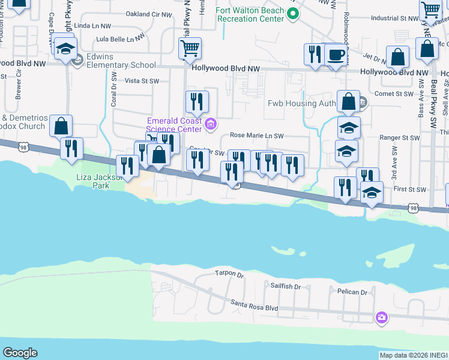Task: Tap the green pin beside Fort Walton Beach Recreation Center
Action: click(292, 14)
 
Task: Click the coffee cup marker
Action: click(336, 55)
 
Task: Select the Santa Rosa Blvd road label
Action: click(255, 307)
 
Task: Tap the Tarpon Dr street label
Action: click(229, 275)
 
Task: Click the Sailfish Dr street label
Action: click(285, 286)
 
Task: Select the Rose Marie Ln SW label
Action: click(256, 136)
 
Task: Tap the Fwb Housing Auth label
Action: click(301, 103)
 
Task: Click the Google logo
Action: click(20, 353)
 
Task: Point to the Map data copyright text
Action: click(414, 355)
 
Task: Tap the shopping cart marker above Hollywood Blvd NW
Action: click(190, 47)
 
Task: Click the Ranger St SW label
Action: click(399, 137)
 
